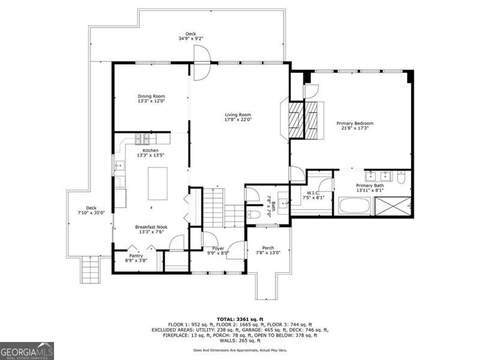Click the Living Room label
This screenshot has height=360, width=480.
[x=238, y=117]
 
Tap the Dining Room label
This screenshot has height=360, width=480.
[x=151, y=98]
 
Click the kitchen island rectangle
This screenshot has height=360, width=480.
[x=158, y=184]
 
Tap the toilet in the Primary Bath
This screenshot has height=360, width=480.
[x=401, y=178]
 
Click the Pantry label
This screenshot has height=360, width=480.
[x=136, y=257]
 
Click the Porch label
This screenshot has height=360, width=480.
[x=268, y=250]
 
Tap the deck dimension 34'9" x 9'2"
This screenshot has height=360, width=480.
[x=190, y=38]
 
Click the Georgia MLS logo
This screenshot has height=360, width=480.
[x=27, y=350]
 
